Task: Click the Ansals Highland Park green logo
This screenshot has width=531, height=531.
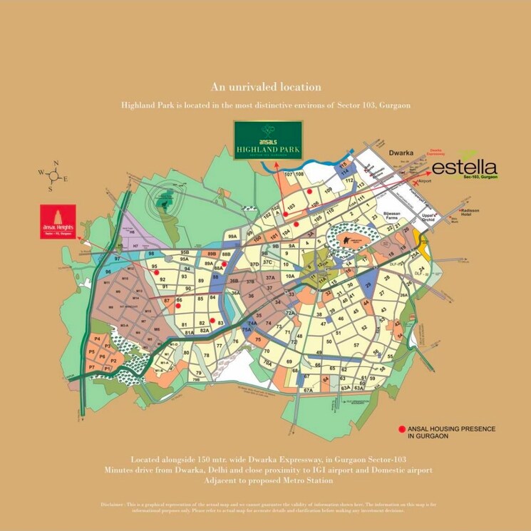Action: point(270,140)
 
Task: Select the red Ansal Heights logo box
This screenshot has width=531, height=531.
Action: point(58,221)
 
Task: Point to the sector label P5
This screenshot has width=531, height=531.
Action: point(92,352)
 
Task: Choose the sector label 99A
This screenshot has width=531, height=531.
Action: point(232,236)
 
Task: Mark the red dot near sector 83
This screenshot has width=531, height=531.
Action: point(212,320)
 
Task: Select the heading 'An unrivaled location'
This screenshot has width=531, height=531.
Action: point(265,86)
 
